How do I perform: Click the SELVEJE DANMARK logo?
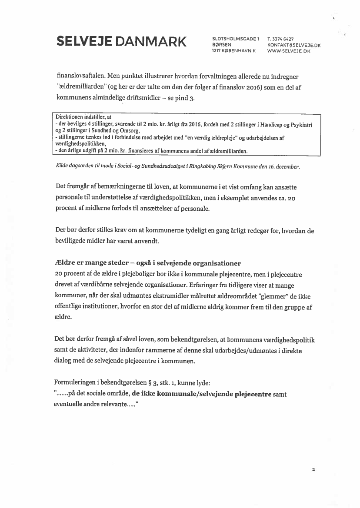(121, 42)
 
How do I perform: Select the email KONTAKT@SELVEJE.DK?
(294, 45)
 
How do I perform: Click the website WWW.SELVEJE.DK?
(289, 51)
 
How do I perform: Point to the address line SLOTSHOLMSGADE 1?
(235, 39)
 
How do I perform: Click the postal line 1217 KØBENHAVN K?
(234, 51)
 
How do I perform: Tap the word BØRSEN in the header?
(222, 45)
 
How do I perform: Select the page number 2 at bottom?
(313, 470)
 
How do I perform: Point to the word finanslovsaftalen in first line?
(82, 76)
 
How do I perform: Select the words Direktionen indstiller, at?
(83, 117)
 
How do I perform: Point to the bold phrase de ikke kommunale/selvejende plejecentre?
(202, 394)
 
